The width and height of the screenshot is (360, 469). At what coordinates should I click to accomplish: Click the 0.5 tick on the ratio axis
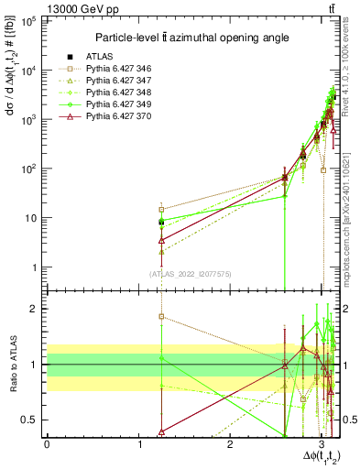click(33, 420)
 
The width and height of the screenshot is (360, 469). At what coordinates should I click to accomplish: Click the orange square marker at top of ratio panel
click(161, 317)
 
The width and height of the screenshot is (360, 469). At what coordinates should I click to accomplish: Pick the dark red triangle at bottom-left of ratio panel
click(161, 431)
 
